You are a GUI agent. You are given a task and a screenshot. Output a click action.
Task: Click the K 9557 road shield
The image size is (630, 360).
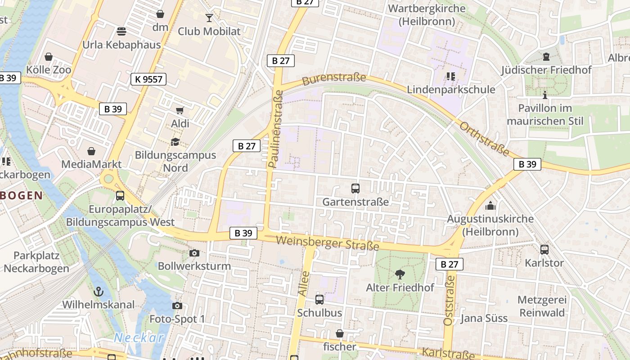(148, 80)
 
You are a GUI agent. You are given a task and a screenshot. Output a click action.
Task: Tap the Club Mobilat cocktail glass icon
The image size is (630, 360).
(209, 18)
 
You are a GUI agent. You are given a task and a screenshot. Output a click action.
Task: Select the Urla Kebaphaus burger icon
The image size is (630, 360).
(121, 31)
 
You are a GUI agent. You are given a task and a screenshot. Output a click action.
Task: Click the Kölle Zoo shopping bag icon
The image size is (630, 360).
(49, 57)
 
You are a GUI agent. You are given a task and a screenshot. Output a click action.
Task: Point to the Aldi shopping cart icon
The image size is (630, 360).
(180, 110)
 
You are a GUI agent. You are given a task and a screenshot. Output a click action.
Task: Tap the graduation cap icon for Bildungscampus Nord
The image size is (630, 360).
(175, 142)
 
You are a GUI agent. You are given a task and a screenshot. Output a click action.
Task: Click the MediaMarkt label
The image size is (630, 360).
(91, 164)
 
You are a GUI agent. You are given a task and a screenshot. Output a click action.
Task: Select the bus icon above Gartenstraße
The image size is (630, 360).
(355, 189)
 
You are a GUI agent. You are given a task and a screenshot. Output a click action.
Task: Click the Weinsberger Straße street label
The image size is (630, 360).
(327, 243)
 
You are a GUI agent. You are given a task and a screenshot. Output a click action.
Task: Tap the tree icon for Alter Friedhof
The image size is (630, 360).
(400, 274)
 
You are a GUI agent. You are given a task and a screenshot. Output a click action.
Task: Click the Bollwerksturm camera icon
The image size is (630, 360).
(194, 253)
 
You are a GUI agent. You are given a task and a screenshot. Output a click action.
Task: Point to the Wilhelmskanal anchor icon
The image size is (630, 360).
(98, 292)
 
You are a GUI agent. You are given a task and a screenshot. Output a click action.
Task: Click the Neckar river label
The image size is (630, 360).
(139, 337)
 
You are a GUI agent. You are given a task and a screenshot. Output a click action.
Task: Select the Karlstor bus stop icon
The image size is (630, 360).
(544, 249)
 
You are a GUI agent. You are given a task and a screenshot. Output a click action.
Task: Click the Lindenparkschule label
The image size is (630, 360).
(451, 90)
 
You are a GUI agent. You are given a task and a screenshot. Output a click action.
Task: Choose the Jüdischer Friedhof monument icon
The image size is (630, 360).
(546, 57)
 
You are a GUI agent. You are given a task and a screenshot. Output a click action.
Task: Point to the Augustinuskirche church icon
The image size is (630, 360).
(490, 206)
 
